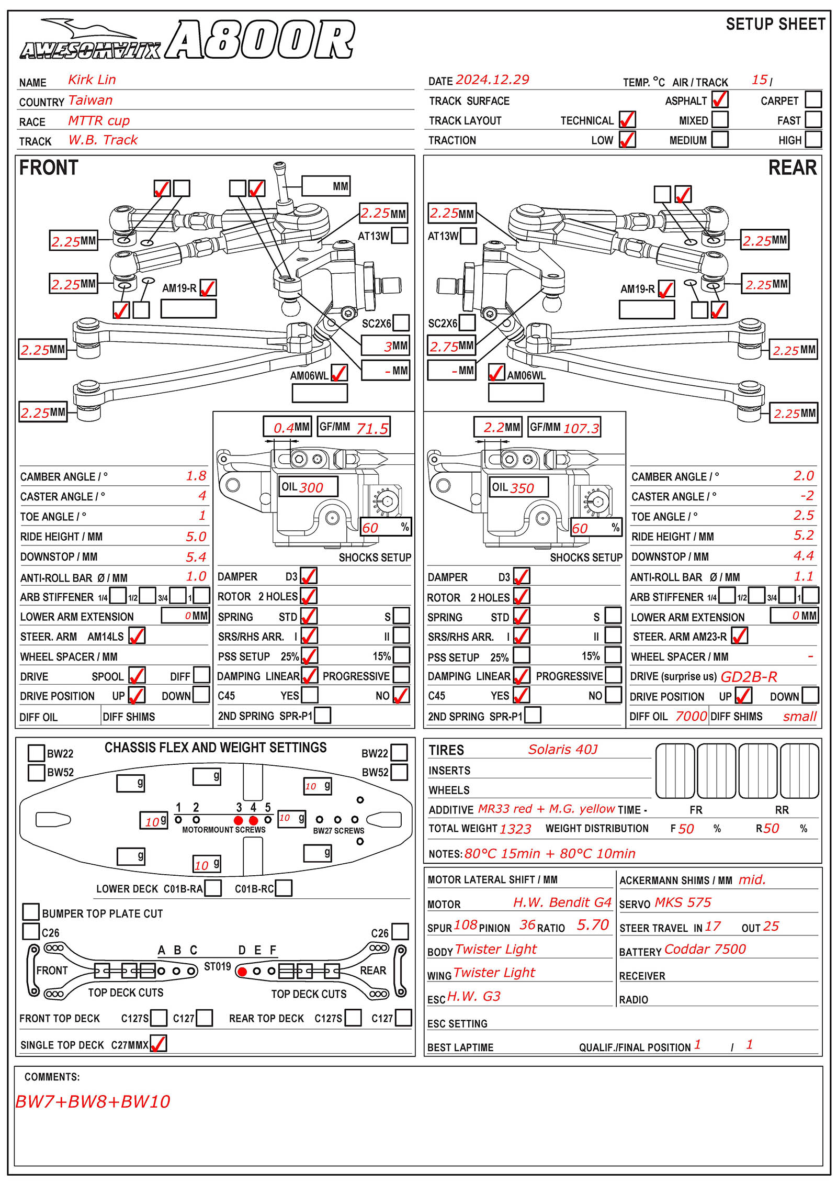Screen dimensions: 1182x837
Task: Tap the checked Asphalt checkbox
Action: click(x=720, y=99)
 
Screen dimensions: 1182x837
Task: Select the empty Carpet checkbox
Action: click(x=813, y=99)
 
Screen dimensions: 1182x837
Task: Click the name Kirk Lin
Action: click(x=92, y=80)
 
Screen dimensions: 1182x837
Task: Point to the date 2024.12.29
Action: click(x=492, y=80)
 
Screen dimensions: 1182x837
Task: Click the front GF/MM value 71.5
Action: click(x=372, y=429)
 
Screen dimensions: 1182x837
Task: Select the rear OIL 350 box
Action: click(x=518, y=487)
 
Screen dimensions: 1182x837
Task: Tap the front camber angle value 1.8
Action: click(x=196, y=476)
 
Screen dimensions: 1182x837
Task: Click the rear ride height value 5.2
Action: click(x=804, y=535)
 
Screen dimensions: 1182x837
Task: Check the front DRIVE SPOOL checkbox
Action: click(x=137, y=675)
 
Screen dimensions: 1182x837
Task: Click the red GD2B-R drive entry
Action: click(x=749, y=677)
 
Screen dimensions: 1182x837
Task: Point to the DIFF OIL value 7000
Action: click(x=691, y=716)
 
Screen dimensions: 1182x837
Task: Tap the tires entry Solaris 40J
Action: click(x=563, y=750)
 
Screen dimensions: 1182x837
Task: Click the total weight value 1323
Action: click(x=515, y=829)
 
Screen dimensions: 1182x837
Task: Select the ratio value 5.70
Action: click(x=593, y=925)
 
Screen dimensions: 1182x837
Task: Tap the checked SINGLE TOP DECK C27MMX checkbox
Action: click(x=159, y=1043)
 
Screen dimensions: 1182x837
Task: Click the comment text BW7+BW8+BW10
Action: click(x=93, y=1101)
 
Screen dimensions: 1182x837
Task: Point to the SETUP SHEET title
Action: click(x=775, y=24)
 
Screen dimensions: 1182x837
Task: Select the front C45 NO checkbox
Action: click(x=401, y=695)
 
